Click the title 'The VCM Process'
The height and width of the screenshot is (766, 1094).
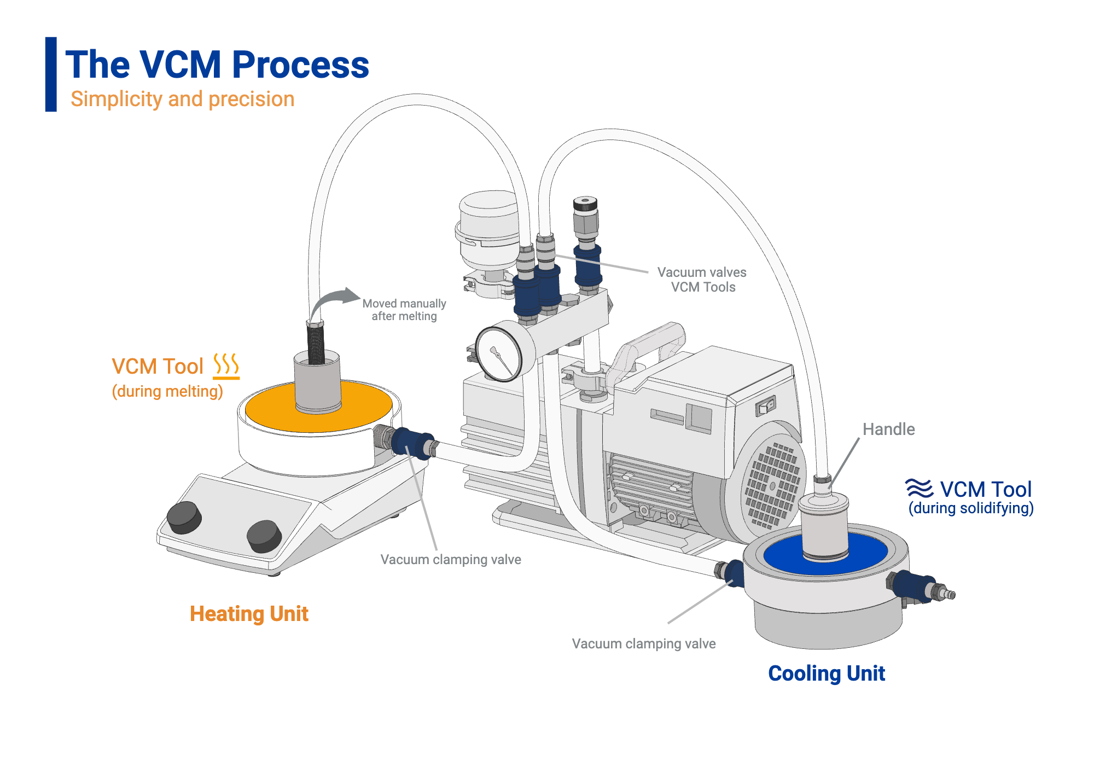tap(217, 65)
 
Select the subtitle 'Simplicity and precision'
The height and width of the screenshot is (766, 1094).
tap(182, 99)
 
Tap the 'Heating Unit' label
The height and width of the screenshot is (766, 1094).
tap(249, 614)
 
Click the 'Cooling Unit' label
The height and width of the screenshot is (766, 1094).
tap(826, 673)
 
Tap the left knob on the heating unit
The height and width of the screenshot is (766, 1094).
tap(184, 517)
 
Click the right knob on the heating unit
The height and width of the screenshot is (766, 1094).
tap(264, 535)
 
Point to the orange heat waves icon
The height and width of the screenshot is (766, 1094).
tap(226, 365)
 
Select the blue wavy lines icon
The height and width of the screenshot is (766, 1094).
tap(919, 488)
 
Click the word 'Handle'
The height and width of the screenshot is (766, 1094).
tap(888, 429)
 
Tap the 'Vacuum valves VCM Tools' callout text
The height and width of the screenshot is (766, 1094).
tap(702, 280)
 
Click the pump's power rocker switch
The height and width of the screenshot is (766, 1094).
tap(766, 407)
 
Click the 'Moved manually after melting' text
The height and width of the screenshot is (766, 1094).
tap(404, 310)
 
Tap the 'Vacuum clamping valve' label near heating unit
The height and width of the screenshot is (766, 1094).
tap(451, 559)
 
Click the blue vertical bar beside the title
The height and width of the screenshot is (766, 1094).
tap(51, 74)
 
